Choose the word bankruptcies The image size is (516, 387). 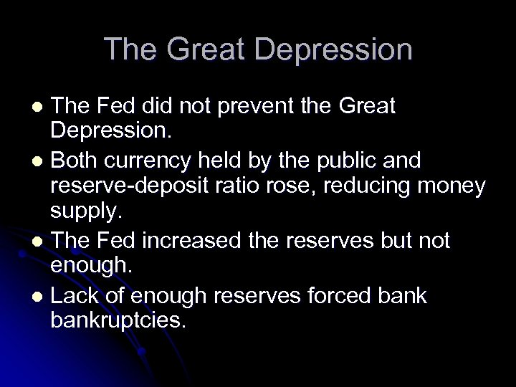tap(118, 320)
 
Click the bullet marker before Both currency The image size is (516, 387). tap(39, 160)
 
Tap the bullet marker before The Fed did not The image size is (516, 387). tap(39, 107)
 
